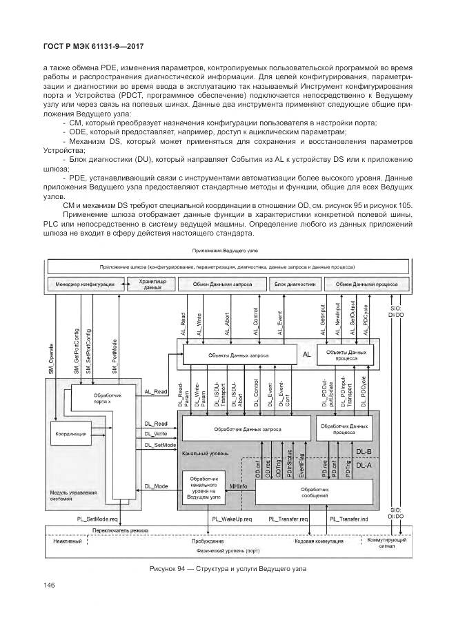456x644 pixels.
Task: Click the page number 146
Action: pyautogui.click(x=50, y=586)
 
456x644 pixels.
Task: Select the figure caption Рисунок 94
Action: pyautogui.click(x=227, y=569)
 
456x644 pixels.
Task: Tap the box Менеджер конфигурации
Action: pyautogui.click(x=87, y=284)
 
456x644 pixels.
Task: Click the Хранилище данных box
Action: pyautogui.click(x=152, y=284)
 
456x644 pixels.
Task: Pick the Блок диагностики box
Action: pyautogui.click(x=295, y=284)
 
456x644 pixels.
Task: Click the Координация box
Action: pyautogui.click(x=70, y=435)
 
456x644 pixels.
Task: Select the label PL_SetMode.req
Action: pyautogui.click(x=97, y=518)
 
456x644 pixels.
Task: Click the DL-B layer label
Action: pyautogui.click(x=363, y=452)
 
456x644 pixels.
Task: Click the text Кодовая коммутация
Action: pyautogui.click(x=319, y=541)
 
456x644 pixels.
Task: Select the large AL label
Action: pyautogui.click(x=307, y=355)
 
